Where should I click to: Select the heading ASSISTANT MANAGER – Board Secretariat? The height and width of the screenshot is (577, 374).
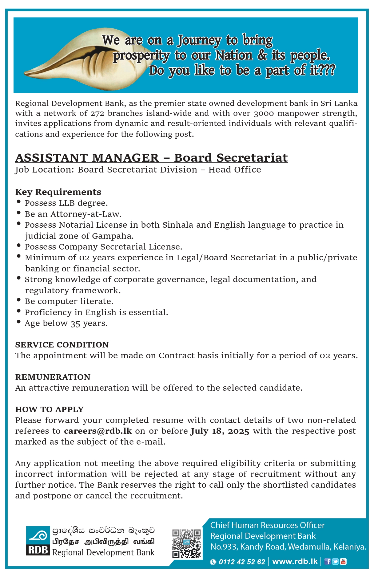click(x=151, y=158)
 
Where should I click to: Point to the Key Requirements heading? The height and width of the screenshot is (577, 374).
click(x=58, y=192)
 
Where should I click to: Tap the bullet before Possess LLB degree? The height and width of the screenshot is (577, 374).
click(x=19, y=202)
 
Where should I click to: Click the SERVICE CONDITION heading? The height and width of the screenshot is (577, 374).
click(x=62, y=345)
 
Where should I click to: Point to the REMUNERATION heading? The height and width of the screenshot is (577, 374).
click(x=53, y=377)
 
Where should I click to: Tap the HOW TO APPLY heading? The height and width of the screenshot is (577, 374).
click(x=49, y=409)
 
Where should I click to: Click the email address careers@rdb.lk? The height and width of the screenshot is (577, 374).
click(x=98, y=431)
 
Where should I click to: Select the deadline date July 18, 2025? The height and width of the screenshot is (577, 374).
click(x=220, y=431)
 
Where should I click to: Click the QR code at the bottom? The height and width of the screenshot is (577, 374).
click(x=186, y=543)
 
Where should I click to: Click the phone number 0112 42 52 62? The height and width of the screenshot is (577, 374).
click(x=242, y=562)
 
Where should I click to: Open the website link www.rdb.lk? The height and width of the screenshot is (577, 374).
click(x=295, y=561)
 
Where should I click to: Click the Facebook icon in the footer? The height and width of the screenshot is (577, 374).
click(x=328, y=562)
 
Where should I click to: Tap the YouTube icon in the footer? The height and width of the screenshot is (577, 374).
click(x=343, y=562)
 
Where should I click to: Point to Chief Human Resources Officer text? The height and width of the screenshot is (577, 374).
click(x=267, y=525)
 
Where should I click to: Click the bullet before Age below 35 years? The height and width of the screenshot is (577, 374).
click(x=19, y=322)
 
